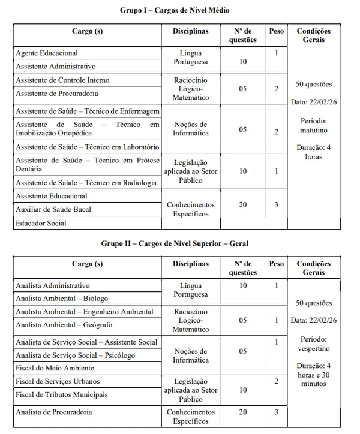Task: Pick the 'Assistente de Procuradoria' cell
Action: [57, 94]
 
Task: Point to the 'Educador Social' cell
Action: [41, 224]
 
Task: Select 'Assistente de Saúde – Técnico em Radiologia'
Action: [86, 183]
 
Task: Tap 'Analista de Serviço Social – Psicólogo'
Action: [75, 355]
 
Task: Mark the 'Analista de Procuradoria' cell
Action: [53, 412]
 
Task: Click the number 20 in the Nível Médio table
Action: [242, 204]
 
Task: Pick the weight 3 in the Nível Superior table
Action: [277, 412]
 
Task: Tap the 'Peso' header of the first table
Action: [277, 31]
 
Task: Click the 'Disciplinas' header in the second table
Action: [190, 263]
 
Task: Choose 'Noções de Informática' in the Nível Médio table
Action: [190, 129]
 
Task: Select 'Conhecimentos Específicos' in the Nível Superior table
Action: [190, 417]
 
